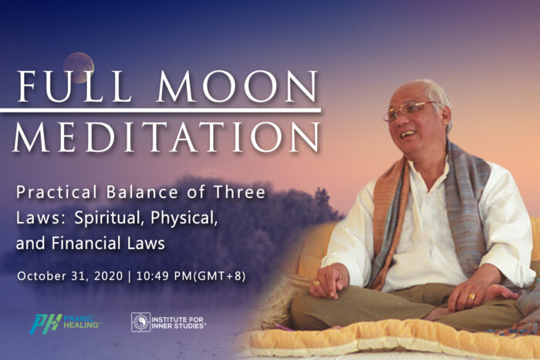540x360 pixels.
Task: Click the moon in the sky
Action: (x=79, y=68)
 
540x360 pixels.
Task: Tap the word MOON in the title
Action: (x=238, y=86)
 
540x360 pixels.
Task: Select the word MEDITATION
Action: (x=167, y=136)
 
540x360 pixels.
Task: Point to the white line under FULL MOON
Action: (x=160, y=110)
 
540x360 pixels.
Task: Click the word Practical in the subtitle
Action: (x=57, y=193)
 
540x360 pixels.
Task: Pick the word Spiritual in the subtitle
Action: (x=109, y=218)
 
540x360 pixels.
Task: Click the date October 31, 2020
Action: (x=70, y=276)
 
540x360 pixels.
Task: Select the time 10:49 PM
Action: (x=164, y=276)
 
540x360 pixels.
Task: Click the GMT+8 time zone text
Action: (x=219, y=276)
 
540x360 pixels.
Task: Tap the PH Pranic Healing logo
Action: (x=65, y=324)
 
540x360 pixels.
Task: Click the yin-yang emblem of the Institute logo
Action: (x=140, y=322)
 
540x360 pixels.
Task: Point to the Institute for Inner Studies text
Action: (x=178, y=322)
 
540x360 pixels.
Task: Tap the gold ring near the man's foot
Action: (x=472, y=296)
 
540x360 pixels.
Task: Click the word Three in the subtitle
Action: (x=240, y=192)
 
